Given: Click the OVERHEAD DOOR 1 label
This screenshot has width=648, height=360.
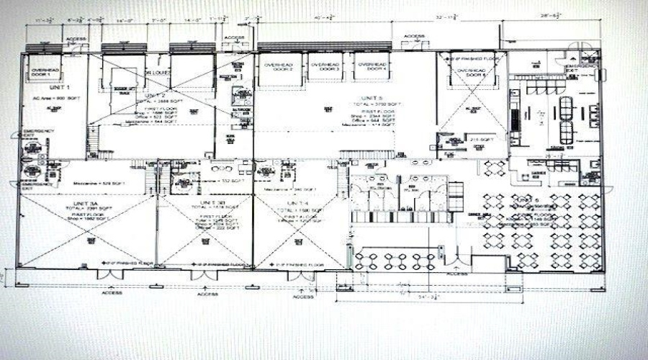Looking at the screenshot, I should (x=44, y=72).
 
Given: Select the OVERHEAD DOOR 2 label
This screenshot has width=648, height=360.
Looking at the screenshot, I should (x=279, y=68).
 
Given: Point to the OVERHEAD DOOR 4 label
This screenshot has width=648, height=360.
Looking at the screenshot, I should (x=369, y=68).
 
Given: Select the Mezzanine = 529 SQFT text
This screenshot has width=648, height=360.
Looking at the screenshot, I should (x=105, y=184).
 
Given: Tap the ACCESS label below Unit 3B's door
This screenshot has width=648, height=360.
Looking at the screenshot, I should (x=207, y=294).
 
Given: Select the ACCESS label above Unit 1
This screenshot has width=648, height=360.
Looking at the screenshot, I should (x=76, y=39).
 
